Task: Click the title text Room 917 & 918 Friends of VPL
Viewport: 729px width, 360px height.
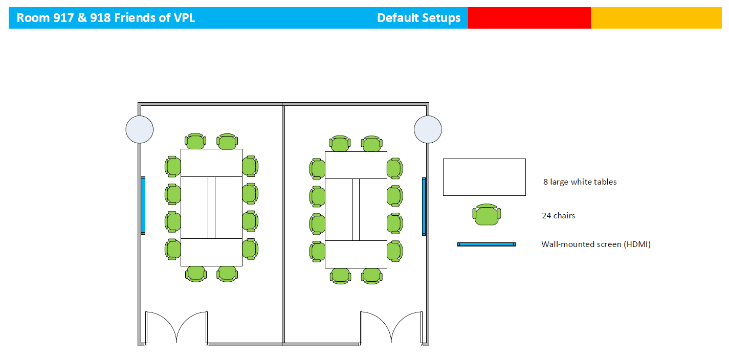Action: coord(106,18)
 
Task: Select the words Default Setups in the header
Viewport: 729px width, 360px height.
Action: coord(418,18)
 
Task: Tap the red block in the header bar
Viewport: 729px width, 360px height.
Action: coord(529,18)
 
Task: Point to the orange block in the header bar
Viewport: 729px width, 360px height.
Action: coord(656,18)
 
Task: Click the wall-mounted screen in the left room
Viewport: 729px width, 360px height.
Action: coord(143,206)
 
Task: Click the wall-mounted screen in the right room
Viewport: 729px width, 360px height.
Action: coord(424,207)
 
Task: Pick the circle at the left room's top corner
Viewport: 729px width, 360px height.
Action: coord(139,129)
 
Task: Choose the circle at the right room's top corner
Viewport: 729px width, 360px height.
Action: coord(428,129)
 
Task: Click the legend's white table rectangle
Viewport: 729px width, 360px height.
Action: coord(484,177)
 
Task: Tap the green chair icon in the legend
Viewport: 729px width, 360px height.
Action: coord(487,215)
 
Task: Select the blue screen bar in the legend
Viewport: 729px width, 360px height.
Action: coord(486,244)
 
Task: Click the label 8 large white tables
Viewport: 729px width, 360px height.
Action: coord(580,182)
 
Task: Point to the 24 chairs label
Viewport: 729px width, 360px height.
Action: coord(559,216)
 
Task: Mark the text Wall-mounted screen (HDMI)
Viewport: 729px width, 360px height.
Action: coord(596,244)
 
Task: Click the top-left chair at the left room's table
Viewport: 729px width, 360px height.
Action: coord(195,141)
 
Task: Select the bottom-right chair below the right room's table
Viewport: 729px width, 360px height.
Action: coord(371,276)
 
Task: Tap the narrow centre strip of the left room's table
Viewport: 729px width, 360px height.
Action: coord(212,208)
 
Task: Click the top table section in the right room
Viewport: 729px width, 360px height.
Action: coord(356,165)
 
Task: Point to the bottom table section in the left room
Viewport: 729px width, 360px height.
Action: coord(212,252)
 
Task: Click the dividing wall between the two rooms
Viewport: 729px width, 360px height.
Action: coord(283,224)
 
